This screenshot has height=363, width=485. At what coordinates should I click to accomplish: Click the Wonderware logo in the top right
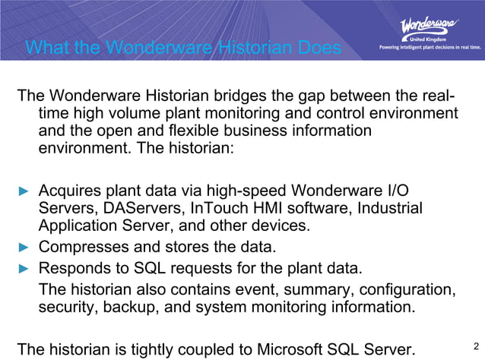(x=429, y=27)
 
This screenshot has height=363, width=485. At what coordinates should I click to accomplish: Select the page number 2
(x=475, y=347)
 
